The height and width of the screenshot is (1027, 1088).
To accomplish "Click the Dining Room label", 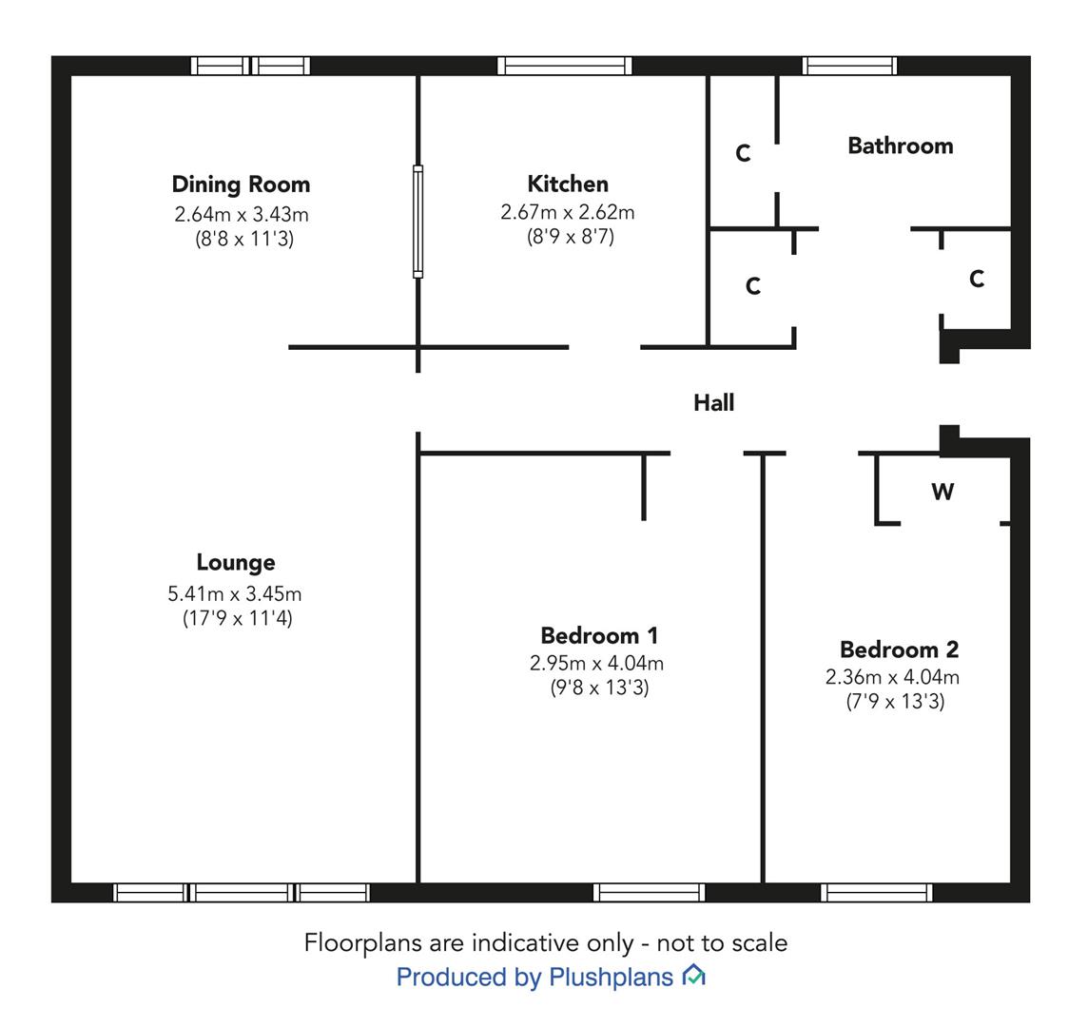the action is [241, 184].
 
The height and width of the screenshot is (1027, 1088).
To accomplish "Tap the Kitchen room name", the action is [568, 184].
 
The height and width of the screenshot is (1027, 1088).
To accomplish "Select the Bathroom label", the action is [901, 145].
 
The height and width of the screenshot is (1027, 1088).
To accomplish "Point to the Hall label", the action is [714, 402].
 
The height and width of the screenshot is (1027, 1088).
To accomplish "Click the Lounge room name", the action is [236, 562].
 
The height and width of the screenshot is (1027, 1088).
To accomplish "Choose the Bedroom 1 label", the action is [599, 635].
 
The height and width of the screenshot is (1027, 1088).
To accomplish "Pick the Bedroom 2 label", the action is [900, 649].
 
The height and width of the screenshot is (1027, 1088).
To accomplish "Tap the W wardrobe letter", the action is [942, 492].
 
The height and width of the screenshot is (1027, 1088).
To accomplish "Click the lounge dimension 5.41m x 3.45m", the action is [235, 594].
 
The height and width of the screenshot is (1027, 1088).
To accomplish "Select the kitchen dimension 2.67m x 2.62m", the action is [568, 212].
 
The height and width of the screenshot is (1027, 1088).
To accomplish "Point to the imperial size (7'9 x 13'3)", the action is [895, 702].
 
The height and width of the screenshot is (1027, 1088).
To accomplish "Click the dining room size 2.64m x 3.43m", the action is [242, 214].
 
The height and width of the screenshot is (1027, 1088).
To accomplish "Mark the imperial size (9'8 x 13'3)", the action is [599, 688].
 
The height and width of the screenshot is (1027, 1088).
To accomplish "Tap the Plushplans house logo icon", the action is [694, 975].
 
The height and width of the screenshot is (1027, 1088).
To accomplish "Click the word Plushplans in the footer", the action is [612, 977].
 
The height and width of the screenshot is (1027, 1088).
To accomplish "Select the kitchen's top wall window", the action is [565, 66].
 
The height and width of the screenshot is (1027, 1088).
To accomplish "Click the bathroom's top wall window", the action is [850, 66].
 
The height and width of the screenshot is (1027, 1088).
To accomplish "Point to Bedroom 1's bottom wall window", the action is [650, 892].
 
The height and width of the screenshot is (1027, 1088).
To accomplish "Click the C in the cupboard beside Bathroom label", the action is [743, 153].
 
